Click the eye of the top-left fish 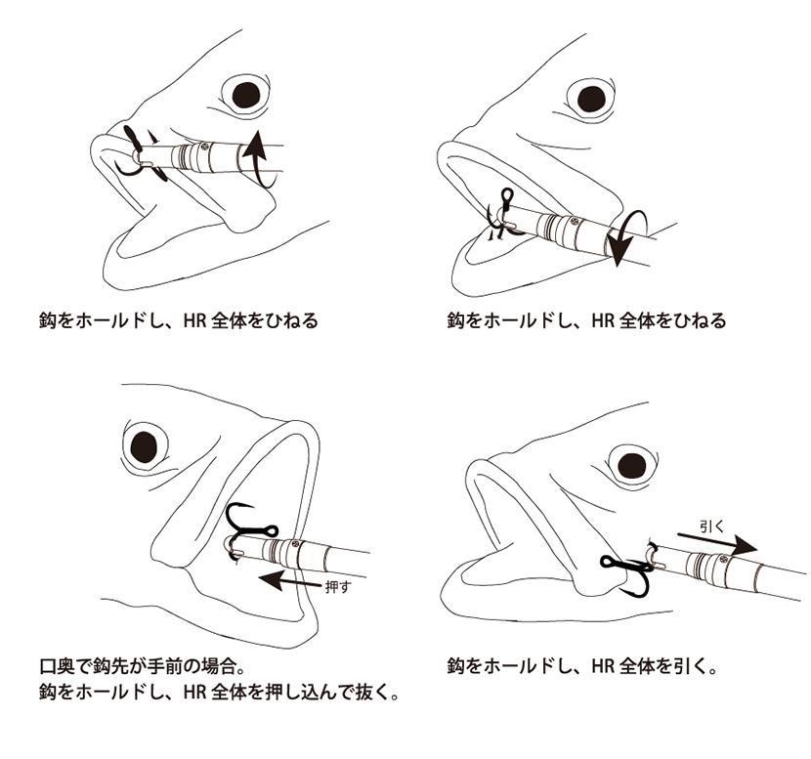pos(246,95)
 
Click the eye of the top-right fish pos(591,100)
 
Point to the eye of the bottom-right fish pos(632,465)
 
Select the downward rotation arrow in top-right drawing pos(623,237)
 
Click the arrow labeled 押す pos(289,580)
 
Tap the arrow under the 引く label pos(717,544)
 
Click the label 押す pos(338,587)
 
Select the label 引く pos(713,527)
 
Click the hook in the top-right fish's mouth pos(499,216)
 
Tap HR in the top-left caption pos(195,321)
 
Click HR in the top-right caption pos(603,321)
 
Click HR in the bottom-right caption pos(603,666)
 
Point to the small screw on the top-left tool pos(205,147)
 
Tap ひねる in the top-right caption pos(700,321)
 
